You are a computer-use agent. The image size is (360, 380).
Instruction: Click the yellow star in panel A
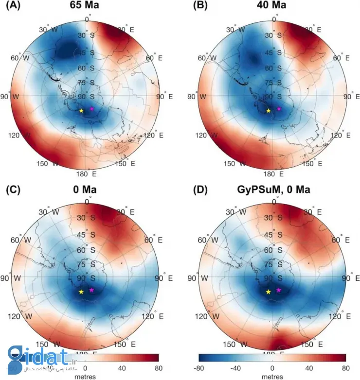click(x=81, y=111)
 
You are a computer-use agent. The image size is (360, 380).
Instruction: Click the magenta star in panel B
click(x=279, y=109)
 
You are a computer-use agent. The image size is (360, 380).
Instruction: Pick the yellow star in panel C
click(x=81, y=292)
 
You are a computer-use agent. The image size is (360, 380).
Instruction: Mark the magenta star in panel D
click(x=279, y=290)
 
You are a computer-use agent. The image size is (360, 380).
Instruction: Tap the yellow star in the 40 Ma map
click(x=269, y=111)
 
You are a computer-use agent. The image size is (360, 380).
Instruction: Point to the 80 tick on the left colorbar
click(x=157, y=367)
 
